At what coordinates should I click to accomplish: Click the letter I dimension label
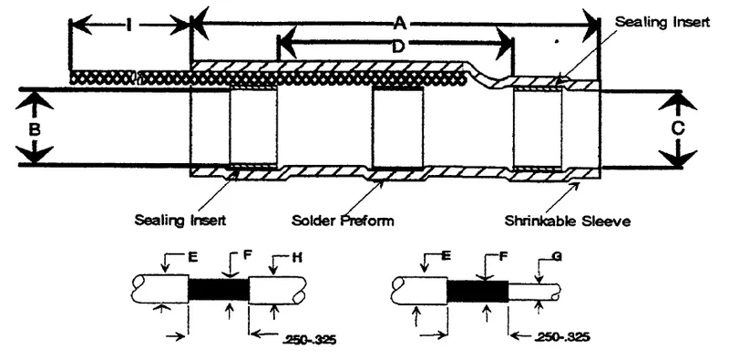coord(129,26)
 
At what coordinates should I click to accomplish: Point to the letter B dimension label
coord(34,128)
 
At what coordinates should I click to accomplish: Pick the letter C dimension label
coord(677,129)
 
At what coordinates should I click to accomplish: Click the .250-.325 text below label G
coord(561,339)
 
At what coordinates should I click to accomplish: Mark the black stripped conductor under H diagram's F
coord(218,290)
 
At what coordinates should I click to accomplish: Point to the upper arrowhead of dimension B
coord(34,98)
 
